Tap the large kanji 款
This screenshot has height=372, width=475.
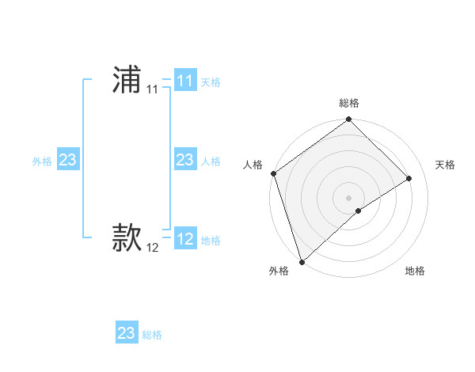(x=126, y=238)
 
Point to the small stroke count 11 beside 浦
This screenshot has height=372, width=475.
(x=152, y=89)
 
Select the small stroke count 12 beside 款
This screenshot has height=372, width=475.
(x=152, y=248)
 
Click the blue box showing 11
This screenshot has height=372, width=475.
(x=184, y=81)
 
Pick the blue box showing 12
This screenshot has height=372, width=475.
(x=184, y=239)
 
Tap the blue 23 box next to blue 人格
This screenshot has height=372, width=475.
(x=184, y=160)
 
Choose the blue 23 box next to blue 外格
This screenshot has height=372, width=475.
(x=67, y=160)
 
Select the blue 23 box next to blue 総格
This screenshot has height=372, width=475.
(x=126, y=333)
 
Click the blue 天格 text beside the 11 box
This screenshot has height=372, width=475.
(x=211, y=82)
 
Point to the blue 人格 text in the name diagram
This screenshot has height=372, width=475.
(x=211, y=161)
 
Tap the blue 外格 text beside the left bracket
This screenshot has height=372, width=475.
(x=42, y=161)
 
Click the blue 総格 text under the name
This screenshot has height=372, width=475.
(x=152, y=335)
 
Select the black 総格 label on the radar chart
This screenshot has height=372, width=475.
(x=348, y=103)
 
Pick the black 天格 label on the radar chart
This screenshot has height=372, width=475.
(x=445, y=165)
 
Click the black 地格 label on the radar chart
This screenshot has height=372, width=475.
(x=415, y=271)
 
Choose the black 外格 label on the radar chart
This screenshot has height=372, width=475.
(x=279, y=271)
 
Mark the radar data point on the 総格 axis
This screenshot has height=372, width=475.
(x=348, y=120)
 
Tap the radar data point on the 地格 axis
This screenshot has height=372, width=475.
(x=359, y=211)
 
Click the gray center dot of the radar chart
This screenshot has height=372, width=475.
(x=348, y=197)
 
